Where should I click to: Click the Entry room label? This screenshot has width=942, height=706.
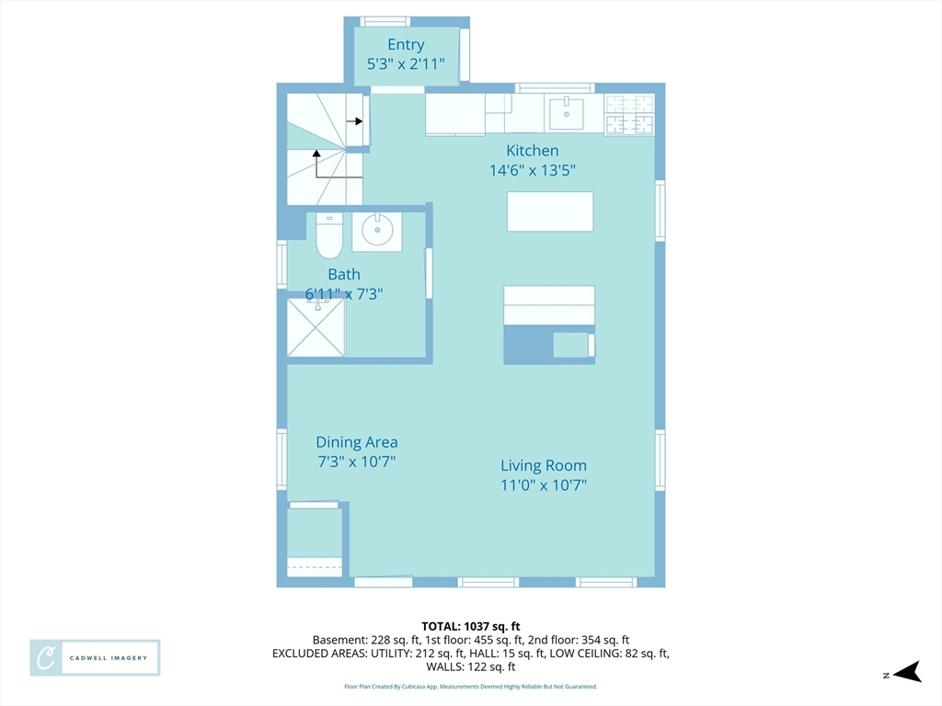coord(406,44)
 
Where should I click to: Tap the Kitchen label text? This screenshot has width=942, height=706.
coord(533,150)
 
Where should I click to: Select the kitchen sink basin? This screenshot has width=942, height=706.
coord(566,114)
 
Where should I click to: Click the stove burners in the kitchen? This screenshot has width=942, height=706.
coord(629,115)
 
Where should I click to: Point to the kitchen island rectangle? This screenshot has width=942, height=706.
coord(550,211)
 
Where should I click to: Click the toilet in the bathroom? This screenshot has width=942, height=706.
coord(329,235)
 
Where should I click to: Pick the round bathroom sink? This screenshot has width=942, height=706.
coord(377,229)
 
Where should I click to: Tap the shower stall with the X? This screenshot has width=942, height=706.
coord(316,328)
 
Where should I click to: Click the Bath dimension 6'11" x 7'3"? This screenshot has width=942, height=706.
coord(344,293)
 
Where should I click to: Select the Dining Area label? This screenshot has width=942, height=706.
coord(357,442)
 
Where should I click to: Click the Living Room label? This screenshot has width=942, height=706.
coord(544,465)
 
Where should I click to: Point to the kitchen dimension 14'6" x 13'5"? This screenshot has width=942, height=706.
coord(533,170)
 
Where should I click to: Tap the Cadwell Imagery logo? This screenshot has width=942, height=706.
coord(95,658)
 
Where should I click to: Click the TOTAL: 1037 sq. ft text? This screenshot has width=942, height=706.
coord(471,627)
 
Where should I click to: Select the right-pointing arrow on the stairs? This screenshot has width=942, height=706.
coord(354,121)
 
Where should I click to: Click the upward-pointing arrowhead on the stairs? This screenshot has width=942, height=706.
coord(316,154)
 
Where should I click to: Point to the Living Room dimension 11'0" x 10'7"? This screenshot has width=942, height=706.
coord(544,485)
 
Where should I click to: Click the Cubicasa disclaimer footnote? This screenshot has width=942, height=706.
coord(471,686)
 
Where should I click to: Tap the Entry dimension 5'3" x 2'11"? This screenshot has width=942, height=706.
coord(406,63)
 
